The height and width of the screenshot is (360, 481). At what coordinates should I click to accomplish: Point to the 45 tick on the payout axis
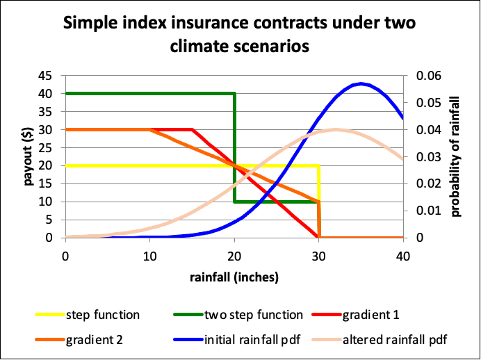47,76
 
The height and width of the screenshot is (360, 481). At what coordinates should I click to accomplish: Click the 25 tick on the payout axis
47,147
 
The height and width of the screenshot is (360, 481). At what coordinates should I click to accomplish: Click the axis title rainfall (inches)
234,277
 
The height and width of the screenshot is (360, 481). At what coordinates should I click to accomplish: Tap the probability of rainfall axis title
456,157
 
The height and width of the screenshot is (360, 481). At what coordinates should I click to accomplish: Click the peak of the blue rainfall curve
361,84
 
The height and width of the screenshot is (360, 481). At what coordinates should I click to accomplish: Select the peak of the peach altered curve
336,129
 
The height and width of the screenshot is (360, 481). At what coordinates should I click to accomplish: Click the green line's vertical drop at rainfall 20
234,147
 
